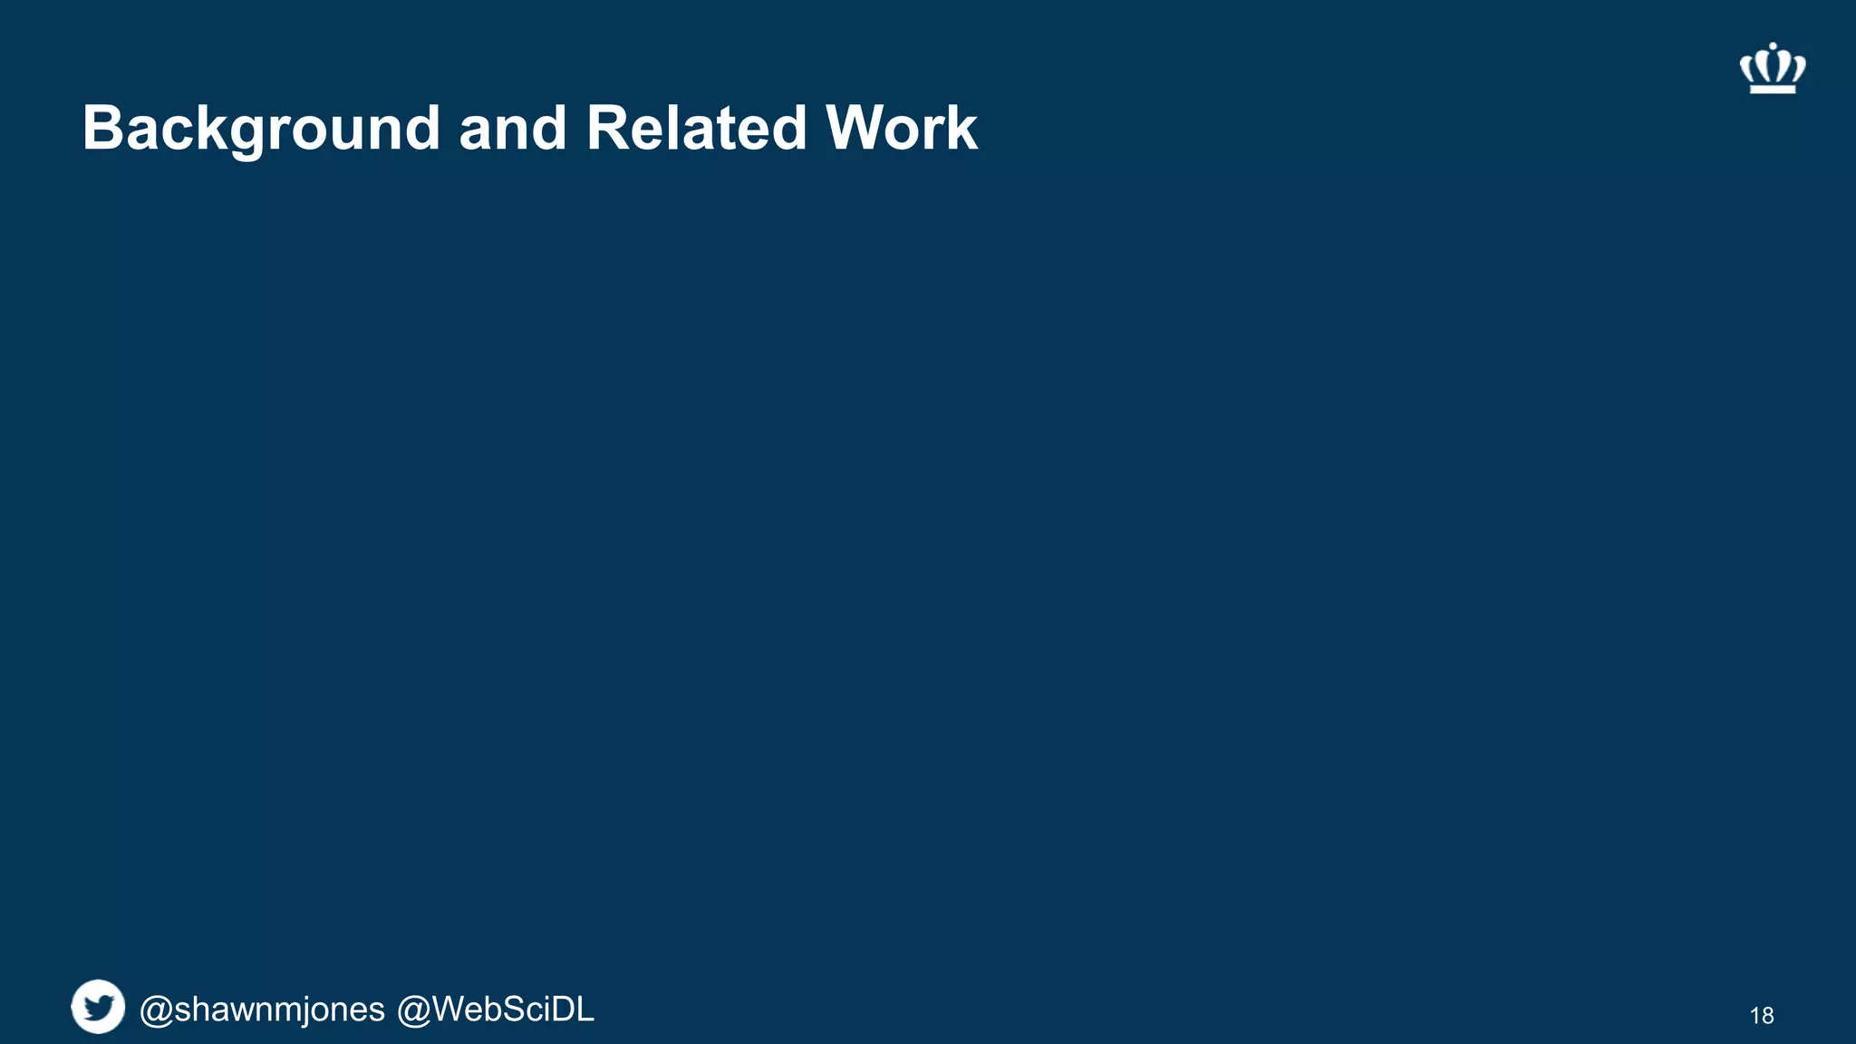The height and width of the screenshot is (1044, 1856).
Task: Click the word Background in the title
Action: (x=261, y=129)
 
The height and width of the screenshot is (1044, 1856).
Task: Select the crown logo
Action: (x=1773, y=68)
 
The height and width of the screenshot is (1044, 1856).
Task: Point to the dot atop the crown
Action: (x=1773, y=45)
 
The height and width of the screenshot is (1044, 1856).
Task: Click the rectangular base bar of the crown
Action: (x=1773, y=88)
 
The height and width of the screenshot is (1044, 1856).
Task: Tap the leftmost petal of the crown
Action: (x=1746, y=68)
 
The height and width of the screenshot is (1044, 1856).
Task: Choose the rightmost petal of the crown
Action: (x=1799, y=68)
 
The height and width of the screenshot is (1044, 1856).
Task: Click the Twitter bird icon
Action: (x=98, y=1006)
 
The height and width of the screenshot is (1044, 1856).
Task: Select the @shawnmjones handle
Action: (x=262, y=1010)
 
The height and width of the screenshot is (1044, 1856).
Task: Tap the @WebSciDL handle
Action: (x=496, y=1010)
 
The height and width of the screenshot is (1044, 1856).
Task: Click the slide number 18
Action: (x=1761, y=1016)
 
